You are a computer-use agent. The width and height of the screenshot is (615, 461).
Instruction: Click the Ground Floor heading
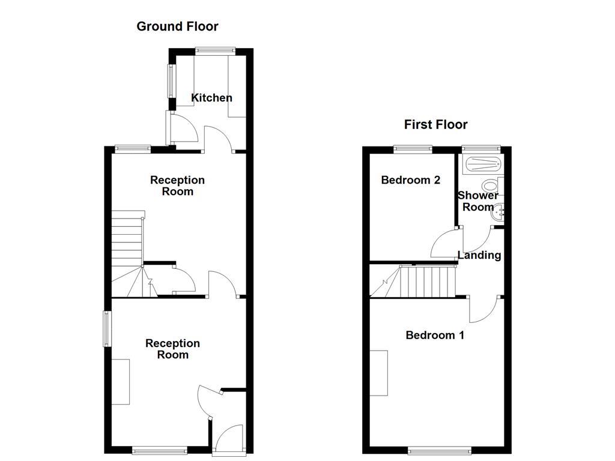tap(177, 26)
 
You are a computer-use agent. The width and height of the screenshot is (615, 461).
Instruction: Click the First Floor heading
tap(435, 125)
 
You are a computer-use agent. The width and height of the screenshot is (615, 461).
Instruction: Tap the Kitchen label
tap(211, 98)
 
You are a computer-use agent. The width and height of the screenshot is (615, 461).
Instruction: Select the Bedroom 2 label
tap(411, 180)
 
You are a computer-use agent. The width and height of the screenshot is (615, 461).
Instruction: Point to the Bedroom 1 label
tap(435, 336)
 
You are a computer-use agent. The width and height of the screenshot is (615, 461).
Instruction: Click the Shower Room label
tap(478, 201)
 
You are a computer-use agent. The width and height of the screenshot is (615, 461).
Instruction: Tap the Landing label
tap(479, 255)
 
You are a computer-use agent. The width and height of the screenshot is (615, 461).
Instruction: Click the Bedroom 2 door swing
tap(444, 243)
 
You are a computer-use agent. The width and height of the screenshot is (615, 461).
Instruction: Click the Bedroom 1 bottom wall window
tap(440, 450)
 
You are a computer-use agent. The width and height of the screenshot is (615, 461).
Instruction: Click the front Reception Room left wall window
tap(106, 328)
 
